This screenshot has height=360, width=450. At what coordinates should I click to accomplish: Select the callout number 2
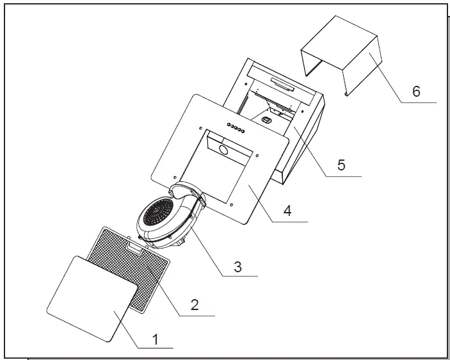(195, 304)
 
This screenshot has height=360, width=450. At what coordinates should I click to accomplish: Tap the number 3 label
(237, 266)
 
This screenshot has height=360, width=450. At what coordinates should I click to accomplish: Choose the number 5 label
(341, 165)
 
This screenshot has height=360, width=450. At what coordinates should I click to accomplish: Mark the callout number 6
(416, 91)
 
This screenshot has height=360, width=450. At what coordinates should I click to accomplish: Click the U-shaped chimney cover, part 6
(342, 54)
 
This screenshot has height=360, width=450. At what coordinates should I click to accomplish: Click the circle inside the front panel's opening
(223, 150)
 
